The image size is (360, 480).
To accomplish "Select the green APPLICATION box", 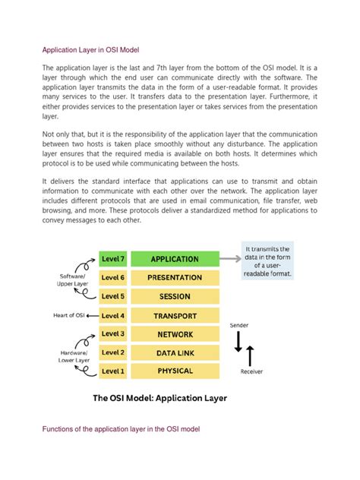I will tap(175, 259).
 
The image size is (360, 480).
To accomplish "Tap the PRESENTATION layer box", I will tap(175, 278).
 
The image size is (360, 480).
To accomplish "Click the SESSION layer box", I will tap(175, 296).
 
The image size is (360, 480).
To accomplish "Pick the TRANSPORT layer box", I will tap(175, 315).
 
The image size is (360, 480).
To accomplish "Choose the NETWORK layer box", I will tap(175, 333).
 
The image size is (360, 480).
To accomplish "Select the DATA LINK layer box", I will tap(175, 352).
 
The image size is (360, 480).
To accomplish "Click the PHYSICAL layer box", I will tap(175, 371).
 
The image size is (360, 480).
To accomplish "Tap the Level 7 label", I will tap(113, 259).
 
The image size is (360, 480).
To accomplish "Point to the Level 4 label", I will tap(113, 315).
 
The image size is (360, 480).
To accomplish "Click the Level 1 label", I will tap(113, 371).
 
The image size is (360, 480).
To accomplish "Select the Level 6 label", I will tap(113, 278).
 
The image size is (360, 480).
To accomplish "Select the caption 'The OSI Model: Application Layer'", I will tap(159, 397).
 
